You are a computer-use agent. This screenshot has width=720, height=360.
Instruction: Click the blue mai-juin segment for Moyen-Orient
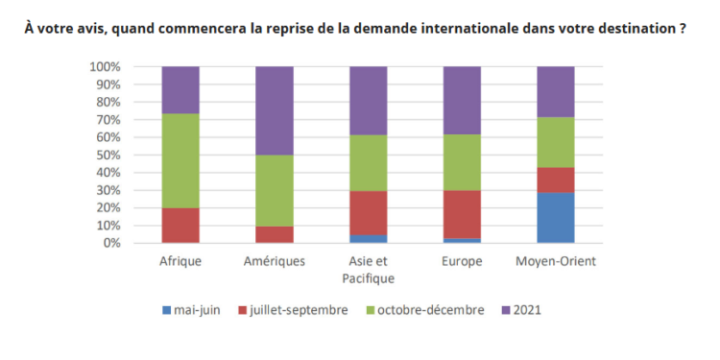[x=555, y=217]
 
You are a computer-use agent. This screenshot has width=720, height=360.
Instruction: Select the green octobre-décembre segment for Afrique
[x=180, y=160]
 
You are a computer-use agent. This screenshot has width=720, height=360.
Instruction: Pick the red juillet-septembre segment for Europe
[x=461, y=214]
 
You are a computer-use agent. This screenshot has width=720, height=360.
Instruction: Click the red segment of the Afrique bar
[x=180, y=225]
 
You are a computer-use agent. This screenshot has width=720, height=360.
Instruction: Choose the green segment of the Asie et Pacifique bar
[x=368, y=163]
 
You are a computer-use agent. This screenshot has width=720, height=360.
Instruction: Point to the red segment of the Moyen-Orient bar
[x=555, y=180]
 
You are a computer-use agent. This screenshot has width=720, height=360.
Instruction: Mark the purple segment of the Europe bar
[x=461, y=100]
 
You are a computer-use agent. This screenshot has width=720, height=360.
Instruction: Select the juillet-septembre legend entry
[x=298, y=310]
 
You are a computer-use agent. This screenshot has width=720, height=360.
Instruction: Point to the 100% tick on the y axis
[x=105, y=67]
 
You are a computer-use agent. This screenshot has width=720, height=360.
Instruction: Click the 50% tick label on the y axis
[x=108, y=155]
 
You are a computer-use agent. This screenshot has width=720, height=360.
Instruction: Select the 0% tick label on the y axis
[x=111, y=243]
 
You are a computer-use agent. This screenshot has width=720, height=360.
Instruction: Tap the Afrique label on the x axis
[x=180, y=261]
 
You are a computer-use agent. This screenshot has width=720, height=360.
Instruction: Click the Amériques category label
[x=274, y=261]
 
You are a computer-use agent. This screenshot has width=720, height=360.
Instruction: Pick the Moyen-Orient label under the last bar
[x=555, y=261]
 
